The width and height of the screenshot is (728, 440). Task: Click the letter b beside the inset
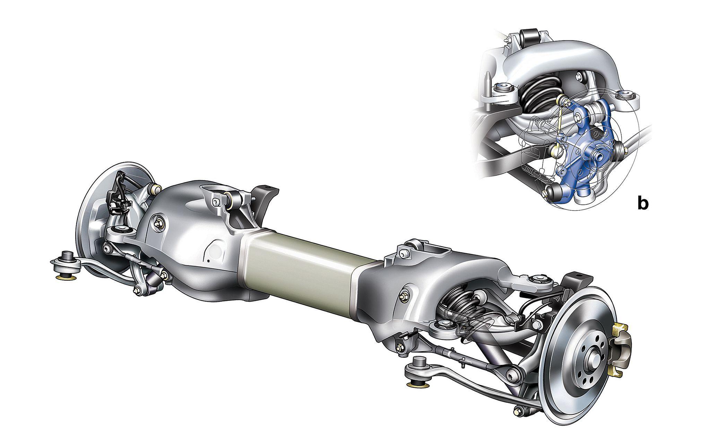click(x=642, y=203)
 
